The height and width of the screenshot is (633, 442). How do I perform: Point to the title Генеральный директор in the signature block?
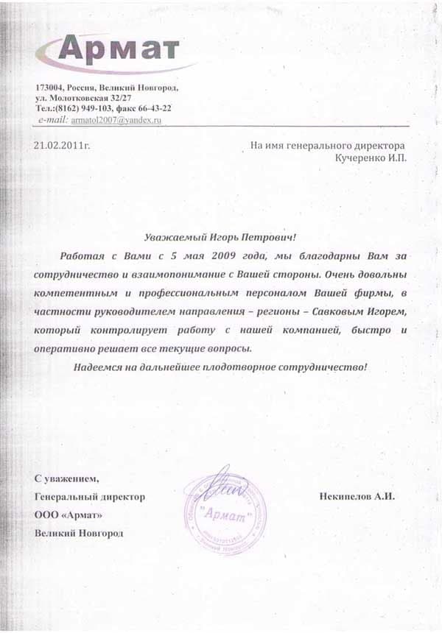90,497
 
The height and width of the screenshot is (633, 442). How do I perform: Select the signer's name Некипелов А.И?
358,497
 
